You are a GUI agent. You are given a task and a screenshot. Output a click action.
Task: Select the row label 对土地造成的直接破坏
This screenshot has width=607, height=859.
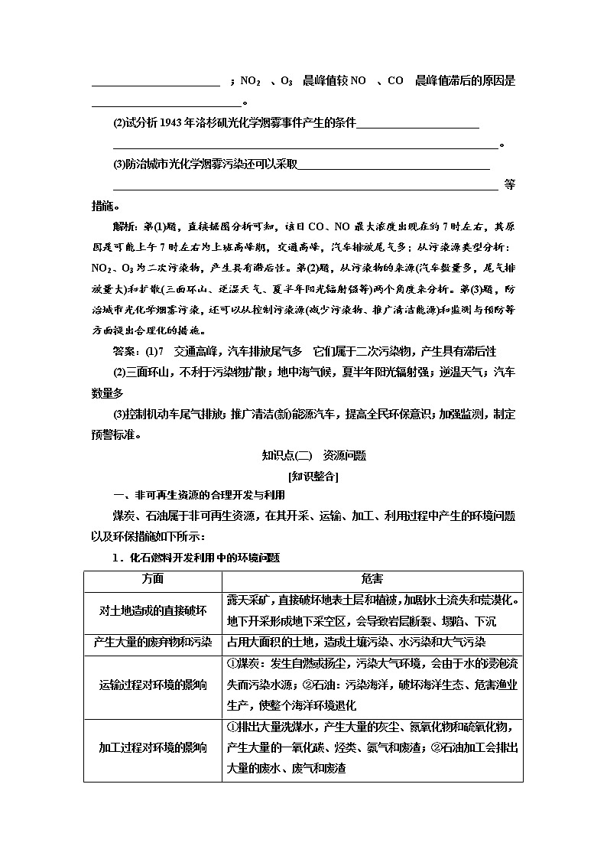click(x=153, y=610)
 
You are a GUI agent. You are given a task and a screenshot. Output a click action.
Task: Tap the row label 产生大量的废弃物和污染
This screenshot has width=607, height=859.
click(x=153, y=643)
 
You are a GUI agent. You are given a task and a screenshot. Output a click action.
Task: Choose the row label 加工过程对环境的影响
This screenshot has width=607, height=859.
click(x=153, y=747)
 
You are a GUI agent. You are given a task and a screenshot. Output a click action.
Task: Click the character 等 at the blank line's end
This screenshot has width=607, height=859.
click(x=510, y=184)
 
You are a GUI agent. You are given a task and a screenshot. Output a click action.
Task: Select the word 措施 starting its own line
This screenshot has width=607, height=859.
click(x=102, y=206)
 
